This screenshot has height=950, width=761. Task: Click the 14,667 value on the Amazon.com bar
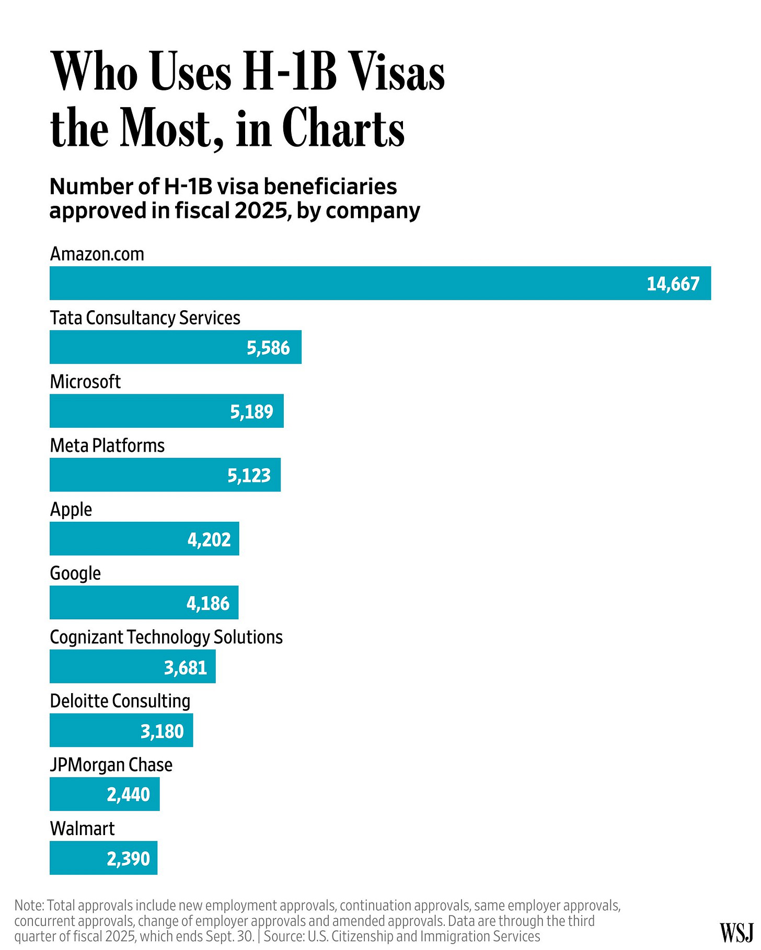click(x=673, y=284)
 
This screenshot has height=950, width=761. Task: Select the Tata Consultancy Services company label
click(x=145, y=318)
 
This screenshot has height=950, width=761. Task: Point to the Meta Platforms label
click(x=107, y=445)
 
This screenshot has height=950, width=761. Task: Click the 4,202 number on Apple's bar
click(x=209, y=539)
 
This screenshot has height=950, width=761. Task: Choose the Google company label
click(x=75, y=573)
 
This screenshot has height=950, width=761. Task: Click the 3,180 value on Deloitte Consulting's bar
click(x=162, y=731)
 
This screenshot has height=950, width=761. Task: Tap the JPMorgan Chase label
click(x=111, y=765)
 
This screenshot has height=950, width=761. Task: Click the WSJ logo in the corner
click(x=736, y=932)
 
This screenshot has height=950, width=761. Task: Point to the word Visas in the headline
click(x=397, y=73)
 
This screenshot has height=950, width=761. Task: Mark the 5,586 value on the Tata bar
click(x=268, y=347)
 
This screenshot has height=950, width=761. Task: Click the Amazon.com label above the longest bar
click(x=97, y=254)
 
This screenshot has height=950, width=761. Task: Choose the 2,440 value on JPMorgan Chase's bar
click(x=128, y=794)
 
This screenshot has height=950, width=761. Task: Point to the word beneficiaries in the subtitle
click(x=340, y=186)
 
